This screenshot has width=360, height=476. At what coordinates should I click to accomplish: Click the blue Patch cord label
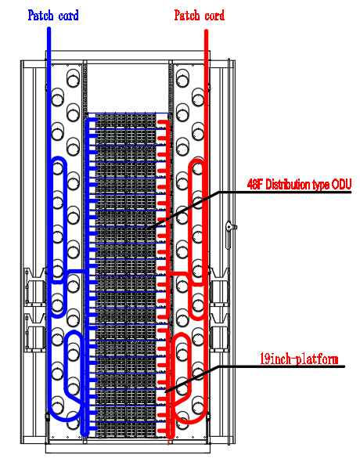tap(52, 15)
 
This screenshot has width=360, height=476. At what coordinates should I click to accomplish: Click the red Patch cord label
tap(199, 15)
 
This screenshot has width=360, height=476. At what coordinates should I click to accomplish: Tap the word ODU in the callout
tap(342, 185)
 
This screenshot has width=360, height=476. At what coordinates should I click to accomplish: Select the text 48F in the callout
tap(254, 185)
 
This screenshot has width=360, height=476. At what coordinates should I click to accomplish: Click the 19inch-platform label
tap(299, 359)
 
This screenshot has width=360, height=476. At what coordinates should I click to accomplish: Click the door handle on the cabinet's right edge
tap(229, 228)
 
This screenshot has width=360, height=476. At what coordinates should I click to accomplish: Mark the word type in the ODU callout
tap(322, 185)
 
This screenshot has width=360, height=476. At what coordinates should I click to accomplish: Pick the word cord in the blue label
tap(66, 15)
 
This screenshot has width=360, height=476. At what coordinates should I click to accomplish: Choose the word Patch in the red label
tap(186, 15)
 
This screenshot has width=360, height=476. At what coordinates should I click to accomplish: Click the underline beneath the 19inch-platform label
tap(299, 367)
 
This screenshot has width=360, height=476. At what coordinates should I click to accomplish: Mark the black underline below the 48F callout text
tap(290, 193)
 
